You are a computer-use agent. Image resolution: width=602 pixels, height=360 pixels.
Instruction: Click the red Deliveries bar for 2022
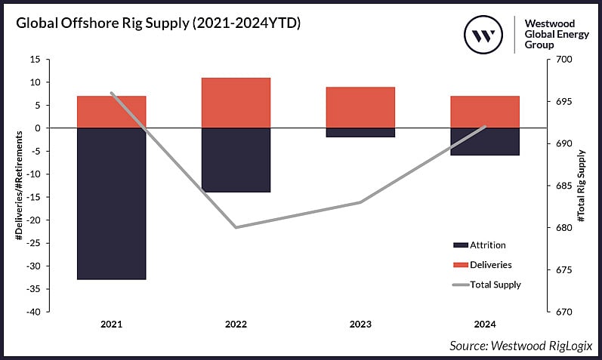click(236, 103)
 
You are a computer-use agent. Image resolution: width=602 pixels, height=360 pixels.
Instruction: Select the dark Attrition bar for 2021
click(111, 204)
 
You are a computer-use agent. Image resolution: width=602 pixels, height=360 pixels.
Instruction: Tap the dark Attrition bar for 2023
click(360, 133)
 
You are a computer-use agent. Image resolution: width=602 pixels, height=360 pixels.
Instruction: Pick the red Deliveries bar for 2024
click(485, 112)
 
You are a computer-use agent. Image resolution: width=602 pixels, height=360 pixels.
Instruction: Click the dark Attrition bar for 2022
click(236, 160)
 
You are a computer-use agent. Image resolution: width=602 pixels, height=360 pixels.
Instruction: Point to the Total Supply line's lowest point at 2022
click(236, 227)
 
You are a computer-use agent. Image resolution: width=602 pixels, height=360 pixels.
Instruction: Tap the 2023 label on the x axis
click(360, 325)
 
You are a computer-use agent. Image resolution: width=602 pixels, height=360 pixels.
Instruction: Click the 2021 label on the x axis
click(111, 325)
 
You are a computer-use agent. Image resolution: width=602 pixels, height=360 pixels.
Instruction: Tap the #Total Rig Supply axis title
click(581, 186)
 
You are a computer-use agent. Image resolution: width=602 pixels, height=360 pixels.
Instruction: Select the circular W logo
click(484, 34)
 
